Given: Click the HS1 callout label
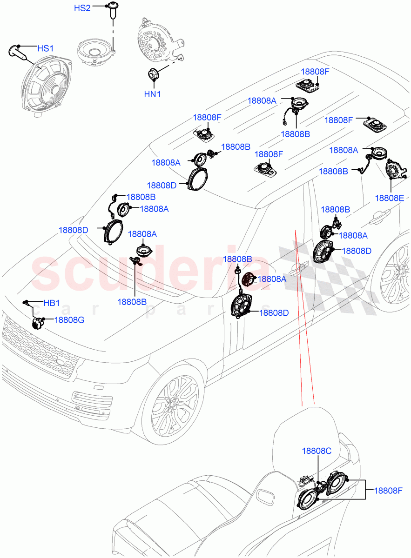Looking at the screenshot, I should (x=46, y=48).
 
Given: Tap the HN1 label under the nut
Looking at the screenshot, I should (x=152, y=94).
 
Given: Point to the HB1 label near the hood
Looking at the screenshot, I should (x=51, y=303).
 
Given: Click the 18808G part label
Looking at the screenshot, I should (x=69, y=320).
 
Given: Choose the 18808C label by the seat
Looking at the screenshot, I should (x=317, y=451).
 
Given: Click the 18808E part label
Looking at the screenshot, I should (x=391, y=198).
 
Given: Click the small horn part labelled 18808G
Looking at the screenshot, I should (x=37, y=322).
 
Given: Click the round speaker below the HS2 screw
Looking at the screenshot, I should (x=95, y=52).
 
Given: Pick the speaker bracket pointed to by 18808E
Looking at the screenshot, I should (x=395, y=169).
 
